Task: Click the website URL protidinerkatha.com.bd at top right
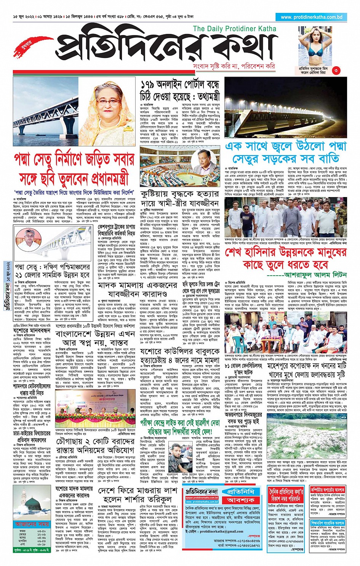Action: coord(311,17)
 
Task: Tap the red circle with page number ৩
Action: coord(336,70)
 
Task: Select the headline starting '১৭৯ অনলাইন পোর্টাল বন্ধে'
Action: coord(180,85)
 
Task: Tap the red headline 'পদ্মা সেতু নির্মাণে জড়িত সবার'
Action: coord(74,159)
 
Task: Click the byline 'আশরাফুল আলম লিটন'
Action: coord(320,274)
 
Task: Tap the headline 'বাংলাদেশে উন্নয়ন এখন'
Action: coord(95,334)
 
